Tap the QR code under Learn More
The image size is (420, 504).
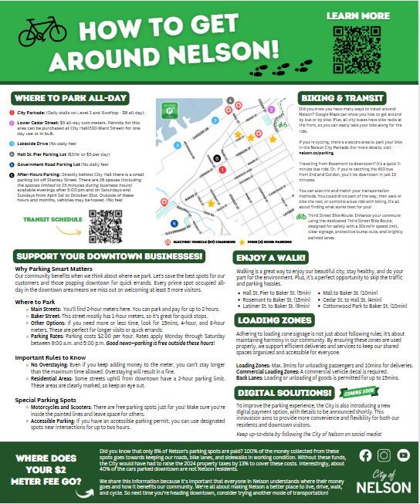[x=357, y=49]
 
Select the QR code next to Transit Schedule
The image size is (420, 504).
[x=107, y=226]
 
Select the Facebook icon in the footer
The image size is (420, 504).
[x=365, y=455]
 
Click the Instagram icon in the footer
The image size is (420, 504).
[x=384, y=455]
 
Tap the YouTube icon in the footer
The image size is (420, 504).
[x=403, y=455]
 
